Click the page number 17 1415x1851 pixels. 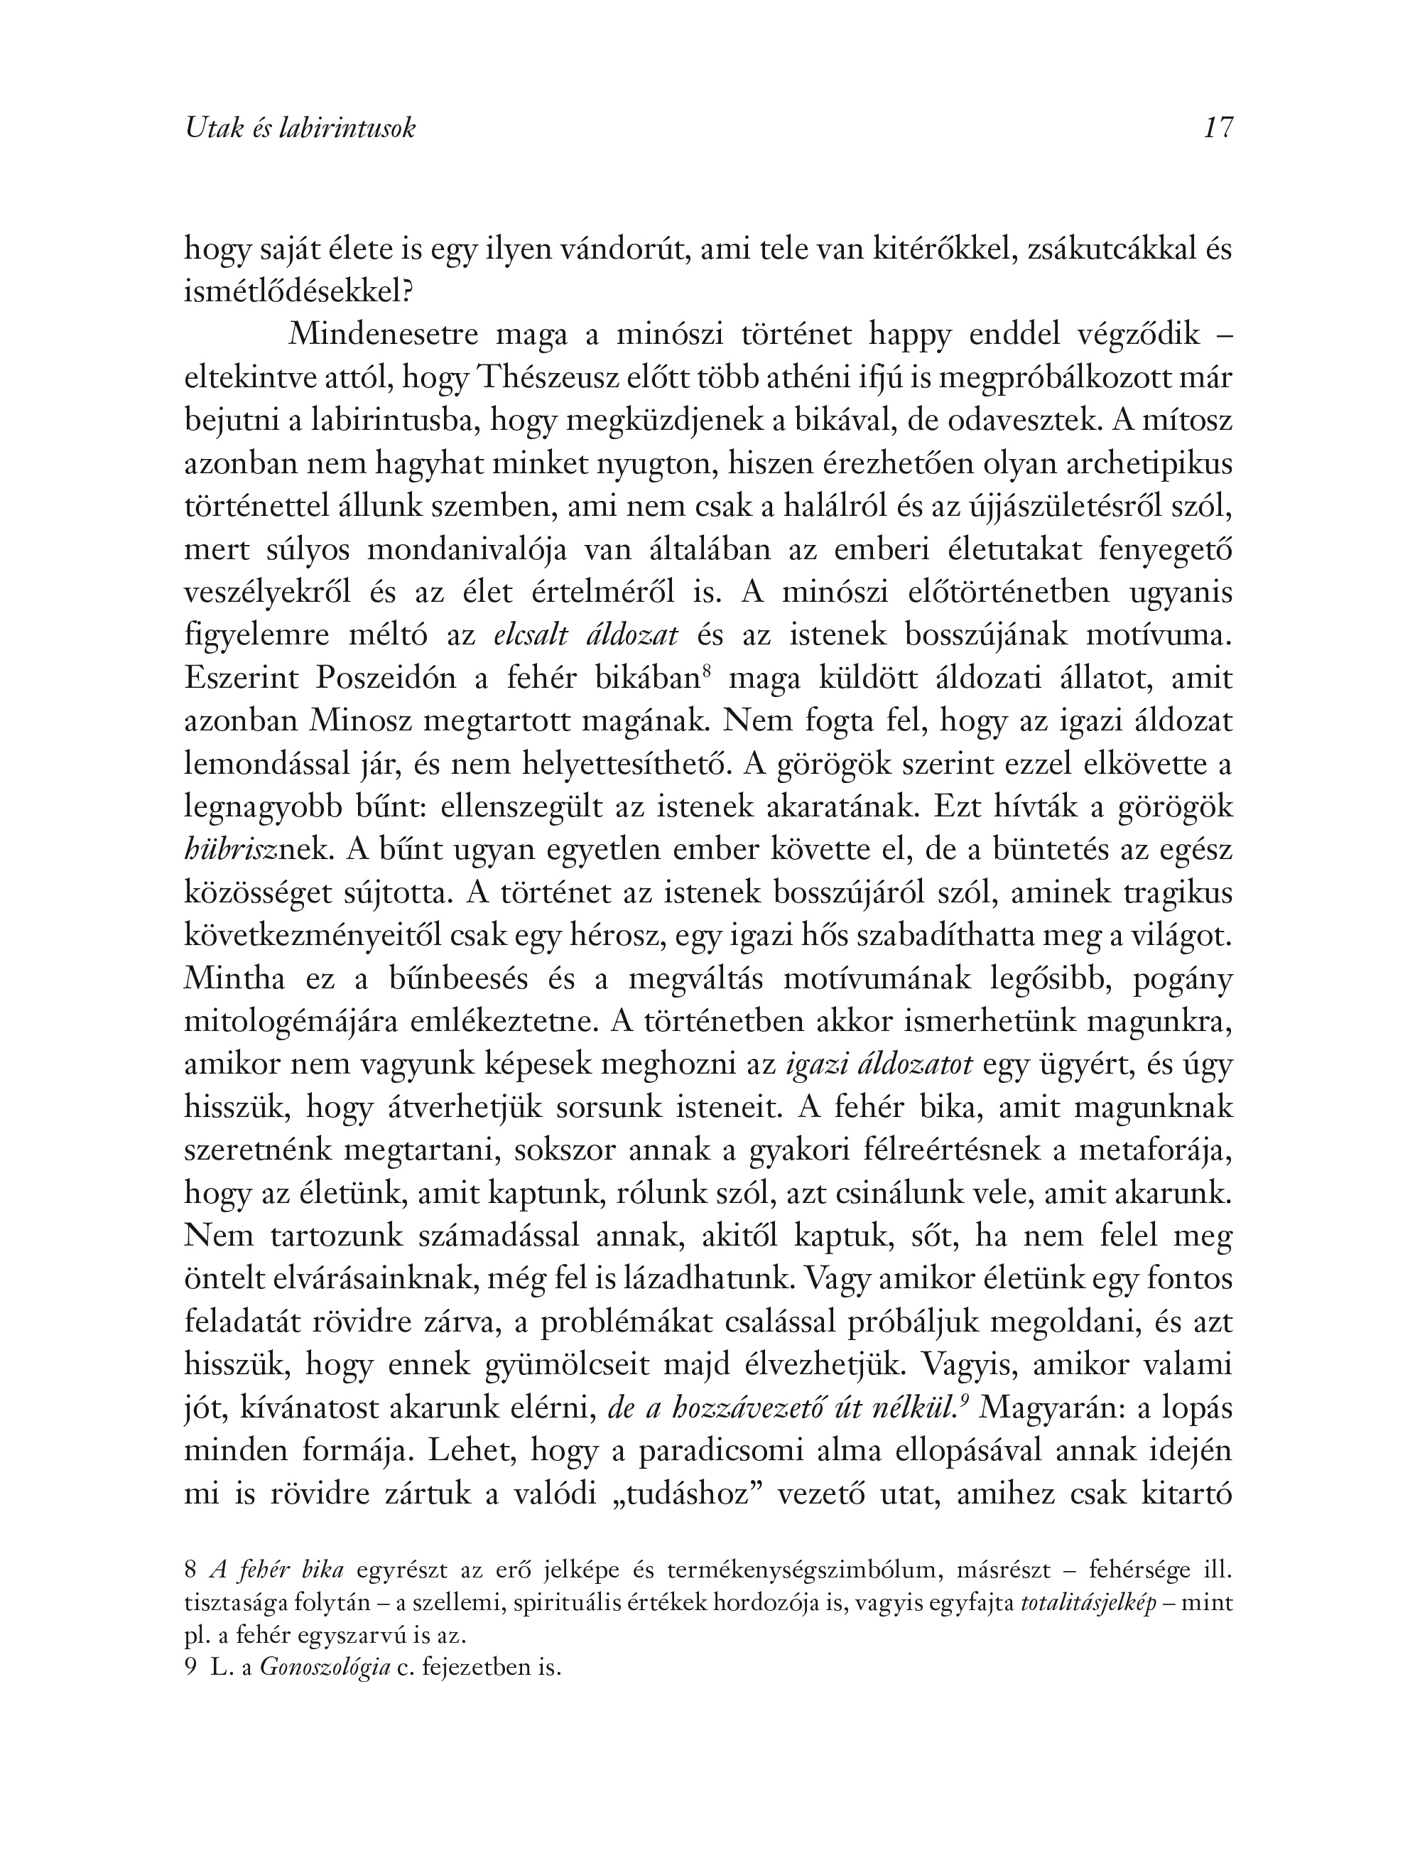pos(1218,128)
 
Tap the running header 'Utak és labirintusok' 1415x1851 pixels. pos(300,128)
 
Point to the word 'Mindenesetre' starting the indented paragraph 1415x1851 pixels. pos(384,335)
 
